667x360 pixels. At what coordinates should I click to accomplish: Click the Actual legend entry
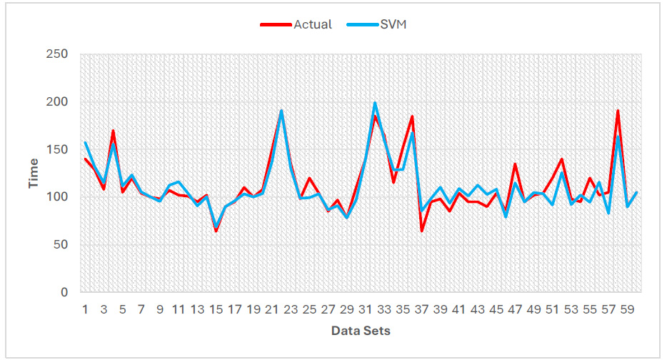[x=312, y=24]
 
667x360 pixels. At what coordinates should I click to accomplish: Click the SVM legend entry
[x=393, y=24]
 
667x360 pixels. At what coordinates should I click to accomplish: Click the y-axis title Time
[x=34, y=173]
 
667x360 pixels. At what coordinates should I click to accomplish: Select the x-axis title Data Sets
[x=361, y=331]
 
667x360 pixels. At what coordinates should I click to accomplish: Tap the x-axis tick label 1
[x=85, y=310]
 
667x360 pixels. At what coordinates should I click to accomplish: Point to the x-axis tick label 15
[x=216, y=310]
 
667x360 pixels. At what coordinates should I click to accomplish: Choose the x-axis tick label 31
[x=366, y=310]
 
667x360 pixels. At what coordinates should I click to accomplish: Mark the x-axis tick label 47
[x=515, y=310]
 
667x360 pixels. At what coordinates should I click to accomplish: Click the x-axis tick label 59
[x=627, y=310]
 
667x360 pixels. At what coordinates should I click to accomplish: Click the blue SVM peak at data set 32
[x=375, y=103]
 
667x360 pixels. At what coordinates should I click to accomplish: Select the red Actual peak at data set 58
[x=618, y=111]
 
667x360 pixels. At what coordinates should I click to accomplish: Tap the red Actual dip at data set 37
[x=422, y=231]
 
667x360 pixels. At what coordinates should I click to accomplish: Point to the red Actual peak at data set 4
[x=114, y=131]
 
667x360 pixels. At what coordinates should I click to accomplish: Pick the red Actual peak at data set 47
[x=515, y=164]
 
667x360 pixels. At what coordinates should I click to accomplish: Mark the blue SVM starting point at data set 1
[x=86, y=143]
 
